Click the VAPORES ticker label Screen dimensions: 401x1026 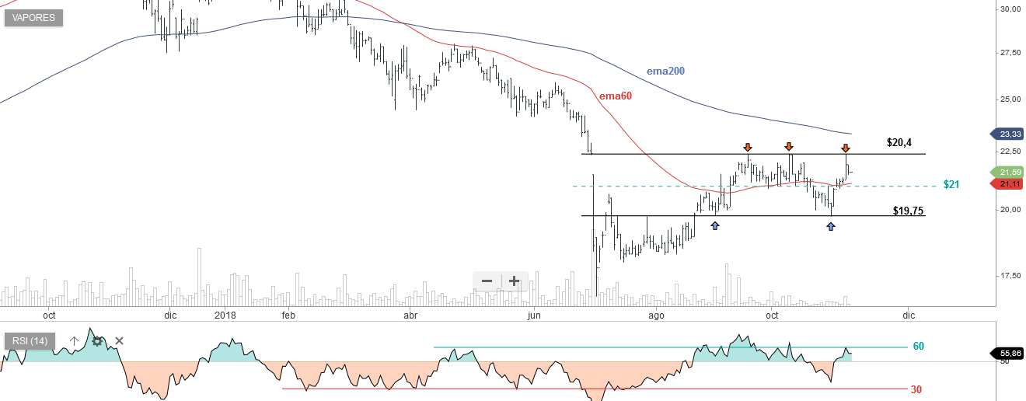33,18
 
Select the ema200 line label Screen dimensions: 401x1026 665,71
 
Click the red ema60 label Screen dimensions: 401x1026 616,96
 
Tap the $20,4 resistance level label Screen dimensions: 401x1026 899,143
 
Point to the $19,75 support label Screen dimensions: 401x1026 909,211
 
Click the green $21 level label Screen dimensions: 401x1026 951,185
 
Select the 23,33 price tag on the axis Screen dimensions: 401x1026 1010,134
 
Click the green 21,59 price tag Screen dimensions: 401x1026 1010,172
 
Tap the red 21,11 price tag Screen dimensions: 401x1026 1010,184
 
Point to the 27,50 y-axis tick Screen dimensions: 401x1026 1010,53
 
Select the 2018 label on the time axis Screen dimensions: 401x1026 225,316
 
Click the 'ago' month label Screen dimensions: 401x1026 657,316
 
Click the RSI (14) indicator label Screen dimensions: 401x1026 30,340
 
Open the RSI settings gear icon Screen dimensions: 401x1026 97,340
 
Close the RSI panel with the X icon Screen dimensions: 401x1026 120,340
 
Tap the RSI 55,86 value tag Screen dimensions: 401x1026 1009,353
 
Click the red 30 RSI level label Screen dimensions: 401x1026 916,389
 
